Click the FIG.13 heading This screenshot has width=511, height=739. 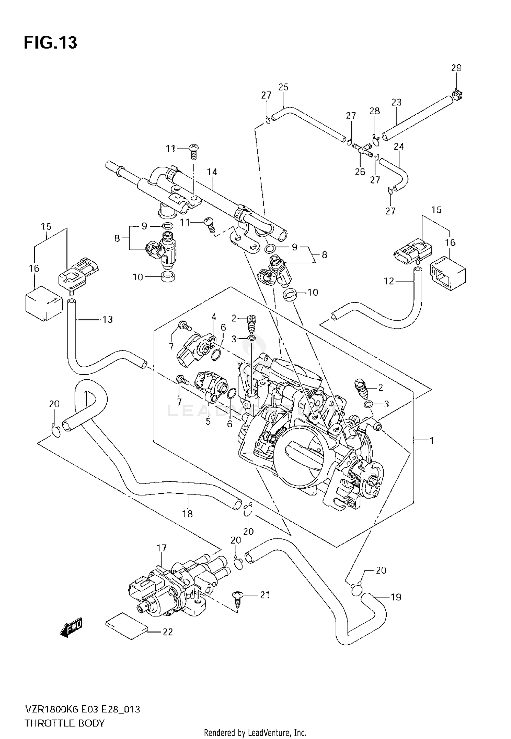click(50, 43)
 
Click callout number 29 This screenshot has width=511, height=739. click(456, 68)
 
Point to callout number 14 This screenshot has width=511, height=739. click(212, 172)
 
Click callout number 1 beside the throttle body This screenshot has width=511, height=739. click(432, 441)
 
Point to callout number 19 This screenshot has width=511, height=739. click(396, 597)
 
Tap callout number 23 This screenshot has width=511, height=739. click(396, 102)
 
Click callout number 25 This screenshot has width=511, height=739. click(283, 87)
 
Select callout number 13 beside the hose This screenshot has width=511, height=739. click(107, 319)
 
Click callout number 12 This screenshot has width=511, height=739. click(389, 281)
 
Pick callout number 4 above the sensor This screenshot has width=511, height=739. click(214, 317)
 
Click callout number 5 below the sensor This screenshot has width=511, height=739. click(208, 422)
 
